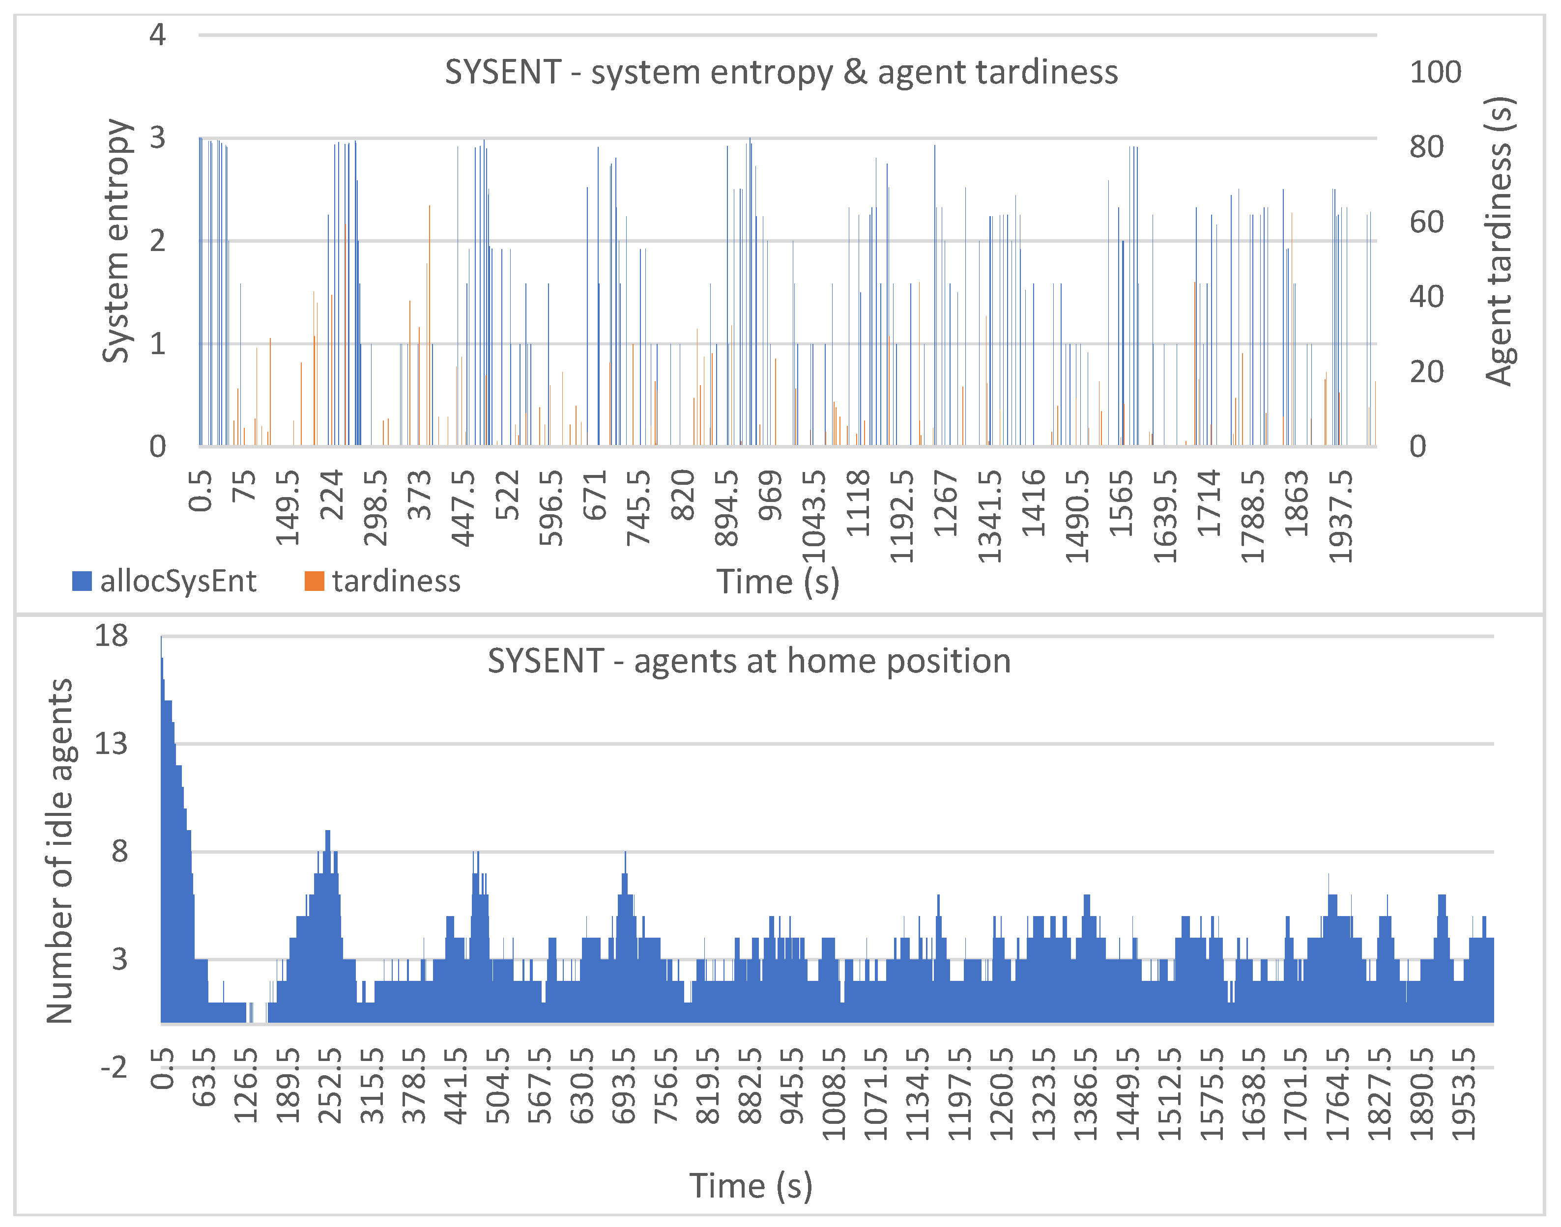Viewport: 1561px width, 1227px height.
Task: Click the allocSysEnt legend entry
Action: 165,581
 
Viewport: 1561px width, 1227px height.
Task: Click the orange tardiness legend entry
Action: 382,581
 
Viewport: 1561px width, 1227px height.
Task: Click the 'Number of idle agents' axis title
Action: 59,851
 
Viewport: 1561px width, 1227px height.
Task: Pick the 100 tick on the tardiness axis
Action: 1435,73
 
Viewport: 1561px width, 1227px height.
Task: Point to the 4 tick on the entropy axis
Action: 157,34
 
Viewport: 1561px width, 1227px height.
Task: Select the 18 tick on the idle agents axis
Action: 112,636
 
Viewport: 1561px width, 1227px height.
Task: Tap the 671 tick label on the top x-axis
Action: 595,496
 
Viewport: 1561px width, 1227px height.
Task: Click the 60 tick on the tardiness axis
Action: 1426,222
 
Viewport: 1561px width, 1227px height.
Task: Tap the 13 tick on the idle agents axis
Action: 112,744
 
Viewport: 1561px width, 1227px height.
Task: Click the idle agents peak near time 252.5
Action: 328,834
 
